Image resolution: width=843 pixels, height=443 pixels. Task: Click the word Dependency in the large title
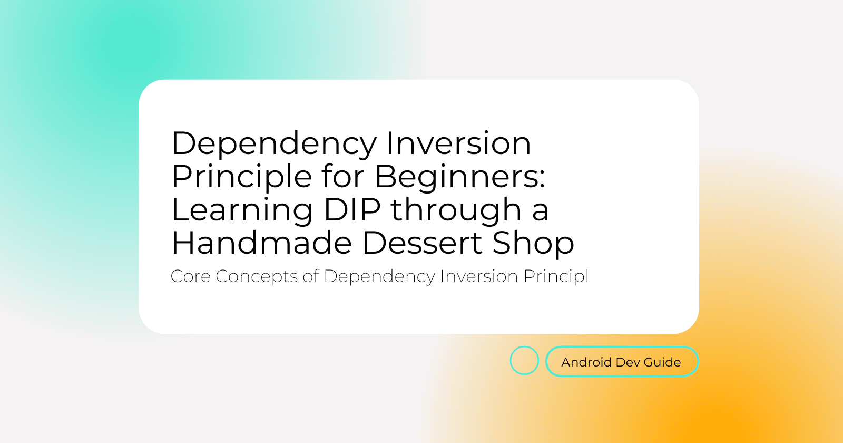pyautogui.click(x=274, y=145)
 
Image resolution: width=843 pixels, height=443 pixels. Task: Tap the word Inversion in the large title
pyautogui.click(x=459, y=143)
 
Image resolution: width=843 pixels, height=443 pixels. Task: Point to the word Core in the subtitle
pyautogui.click(x=190, y=276)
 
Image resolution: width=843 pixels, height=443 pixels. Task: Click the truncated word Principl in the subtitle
pyautogui.click(x=556, y=277)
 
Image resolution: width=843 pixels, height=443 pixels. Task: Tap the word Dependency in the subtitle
pyautogui.click(x=379, y=277)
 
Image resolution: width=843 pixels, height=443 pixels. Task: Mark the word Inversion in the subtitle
pyautogui.click(x=479, y=276)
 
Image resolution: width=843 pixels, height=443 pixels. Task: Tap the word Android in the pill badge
pyautogui.click(x=586, y=362)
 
